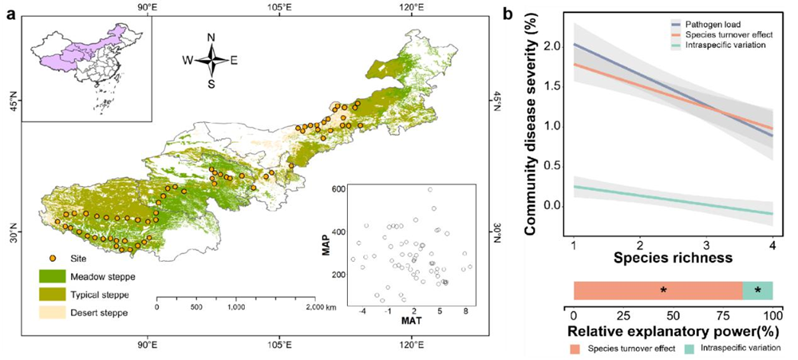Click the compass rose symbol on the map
[x=211, y=59]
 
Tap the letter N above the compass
[x=211, y=37]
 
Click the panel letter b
[x=508, y=12]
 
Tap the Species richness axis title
[x=672, y=258]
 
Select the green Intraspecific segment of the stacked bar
[x=758, y=291]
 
